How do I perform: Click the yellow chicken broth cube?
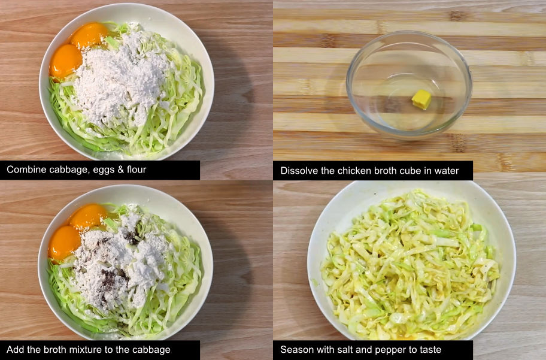tap(421, 99)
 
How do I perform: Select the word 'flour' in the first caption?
tap(136, 170)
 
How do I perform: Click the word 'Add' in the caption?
tap(14, 350)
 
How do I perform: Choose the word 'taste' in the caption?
tap(430, 350)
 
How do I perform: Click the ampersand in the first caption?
tap(120, 170)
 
